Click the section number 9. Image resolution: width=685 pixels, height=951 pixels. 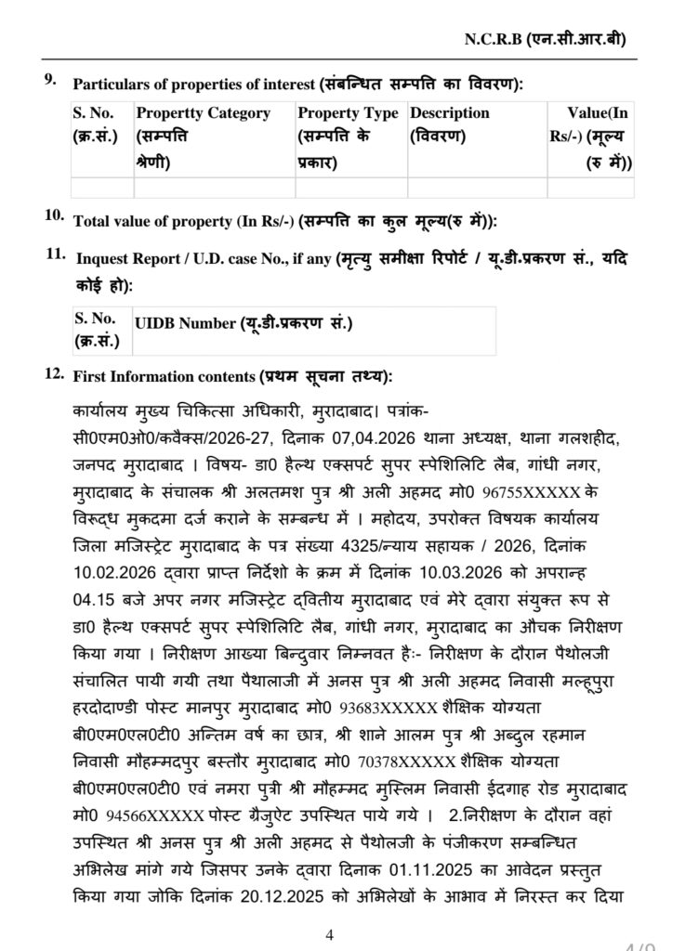(51, 78)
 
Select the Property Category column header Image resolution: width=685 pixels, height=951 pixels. (203, 113)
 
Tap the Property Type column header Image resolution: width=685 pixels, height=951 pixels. (348, 113)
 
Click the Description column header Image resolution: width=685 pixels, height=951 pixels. (449, 113)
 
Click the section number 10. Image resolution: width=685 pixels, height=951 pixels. (54, 215)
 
